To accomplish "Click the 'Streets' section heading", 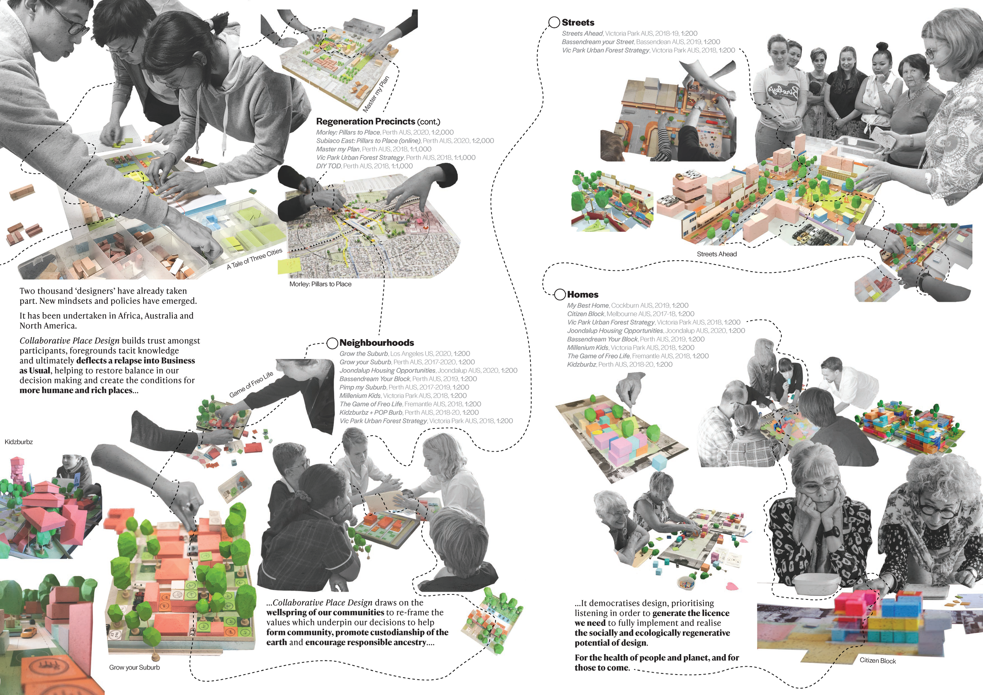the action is (578, 23).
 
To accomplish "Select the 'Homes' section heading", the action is (583, 295).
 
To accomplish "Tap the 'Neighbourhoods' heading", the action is (377, 343).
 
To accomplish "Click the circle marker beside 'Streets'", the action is (554, 23).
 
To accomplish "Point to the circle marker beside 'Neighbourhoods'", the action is (332, 343).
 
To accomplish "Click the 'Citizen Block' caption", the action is (878, 661).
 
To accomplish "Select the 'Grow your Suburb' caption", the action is (134, 667).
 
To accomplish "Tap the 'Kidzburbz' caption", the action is (19, 442).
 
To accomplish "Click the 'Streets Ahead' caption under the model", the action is (717, 254).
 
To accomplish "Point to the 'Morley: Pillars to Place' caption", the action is (320, 284).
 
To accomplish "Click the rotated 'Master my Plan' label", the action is (376, 94).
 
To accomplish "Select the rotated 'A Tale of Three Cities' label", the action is (255, 259).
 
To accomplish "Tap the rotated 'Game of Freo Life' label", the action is (251, 385).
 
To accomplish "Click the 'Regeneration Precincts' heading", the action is (366, 121).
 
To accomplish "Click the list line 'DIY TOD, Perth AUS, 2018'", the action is (364, 166).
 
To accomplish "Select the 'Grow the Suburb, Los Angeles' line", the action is (405, 354).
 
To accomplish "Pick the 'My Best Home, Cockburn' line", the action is (628, 305).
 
